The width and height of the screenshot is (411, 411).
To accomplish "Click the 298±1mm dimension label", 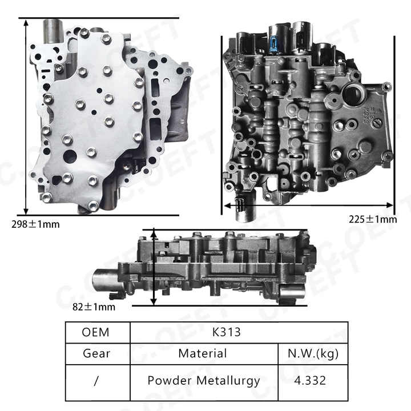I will (x=35, y=224).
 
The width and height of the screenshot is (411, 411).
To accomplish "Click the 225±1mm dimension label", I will (x=372, y=219).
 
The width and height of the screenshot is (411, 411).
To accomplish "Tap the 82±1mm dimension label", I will (x=94, y=307).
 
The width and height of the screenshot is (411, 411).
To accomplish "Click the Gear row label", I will (x=96, y=353).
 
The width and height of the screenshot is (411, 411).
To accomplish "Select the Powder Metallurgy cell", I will (x=203, y=380).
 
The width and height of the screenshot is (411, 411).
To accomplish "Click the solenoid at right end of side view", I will (x=292, y=292).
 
